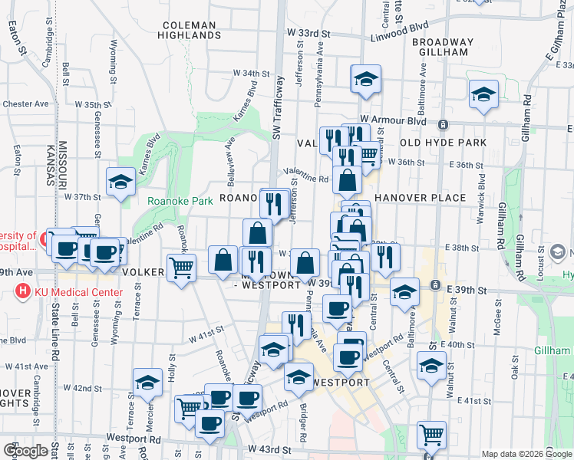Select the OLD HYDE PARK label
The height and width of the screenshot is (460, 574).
point(443,143)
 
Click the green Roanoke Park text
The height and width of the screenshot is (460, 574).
point(180,202)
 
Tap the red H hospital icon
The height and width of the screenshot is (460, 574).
point(23,292)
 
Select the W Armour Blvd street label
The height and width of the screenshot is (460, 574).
point(398,120)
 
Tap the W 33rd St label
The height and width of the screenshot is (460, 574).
point(308,34)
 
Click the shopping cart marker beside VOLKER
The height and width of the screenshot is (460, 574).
point(182,268)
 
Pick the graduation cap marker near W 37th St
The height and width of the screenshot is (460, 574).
point(121,182)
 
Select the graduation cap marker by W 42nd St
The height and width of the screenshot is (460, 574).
point(148,383)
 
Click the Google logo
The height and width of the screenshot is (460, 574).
point(25,451)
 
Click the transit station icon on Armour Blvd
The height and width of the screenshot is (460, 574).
point(443,124)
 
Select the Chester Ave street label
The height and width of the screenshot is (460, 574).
point(26,104)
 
